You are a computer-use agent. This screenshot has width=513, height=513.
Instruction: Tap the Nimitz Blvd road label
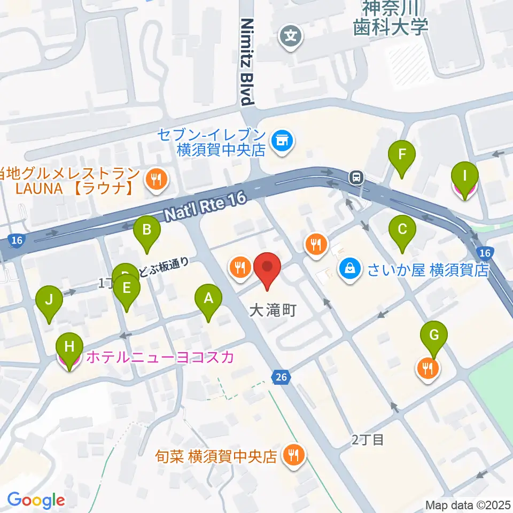tap(246, 61)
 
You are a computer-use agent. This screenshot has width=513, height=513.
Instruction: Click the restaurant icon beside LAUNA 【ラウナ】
tap(156, 180)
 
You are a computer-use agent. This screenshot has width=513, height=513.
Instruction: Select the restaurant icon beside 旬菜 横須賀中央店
tap(293, 456)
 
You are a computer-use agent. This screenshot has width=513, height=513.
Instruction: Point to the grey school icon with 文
tap(291, 37)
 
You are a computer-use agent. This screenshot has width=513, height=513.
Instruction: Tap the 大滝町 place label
tap(273, 310)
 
